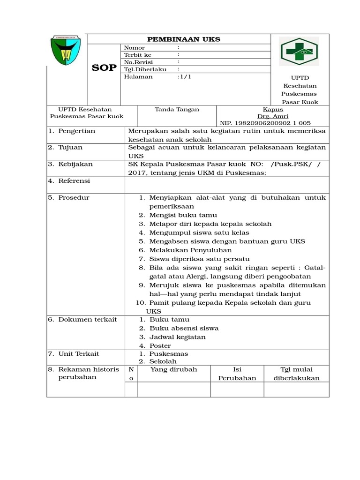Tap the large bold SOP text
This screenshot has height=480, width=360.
tap(104, 68)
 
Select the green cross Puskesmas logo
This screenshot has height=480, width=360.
tap(299, 52)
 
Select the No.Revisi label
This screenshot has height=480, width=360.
tap(138, 62)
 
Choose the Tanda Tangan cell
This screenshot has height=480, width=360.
tap(177, 110)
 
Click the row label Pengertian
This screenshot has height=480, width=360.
tap(76, 131)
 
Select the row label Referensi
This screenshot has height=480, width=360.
tap(74, 181)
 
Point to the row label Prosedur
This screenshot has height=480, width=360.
tap(74, 198)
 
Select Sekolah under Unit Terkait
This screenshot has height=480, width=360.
tap(163, 362)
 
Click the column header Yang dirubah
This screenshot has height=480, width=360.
tap(173, 369)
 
